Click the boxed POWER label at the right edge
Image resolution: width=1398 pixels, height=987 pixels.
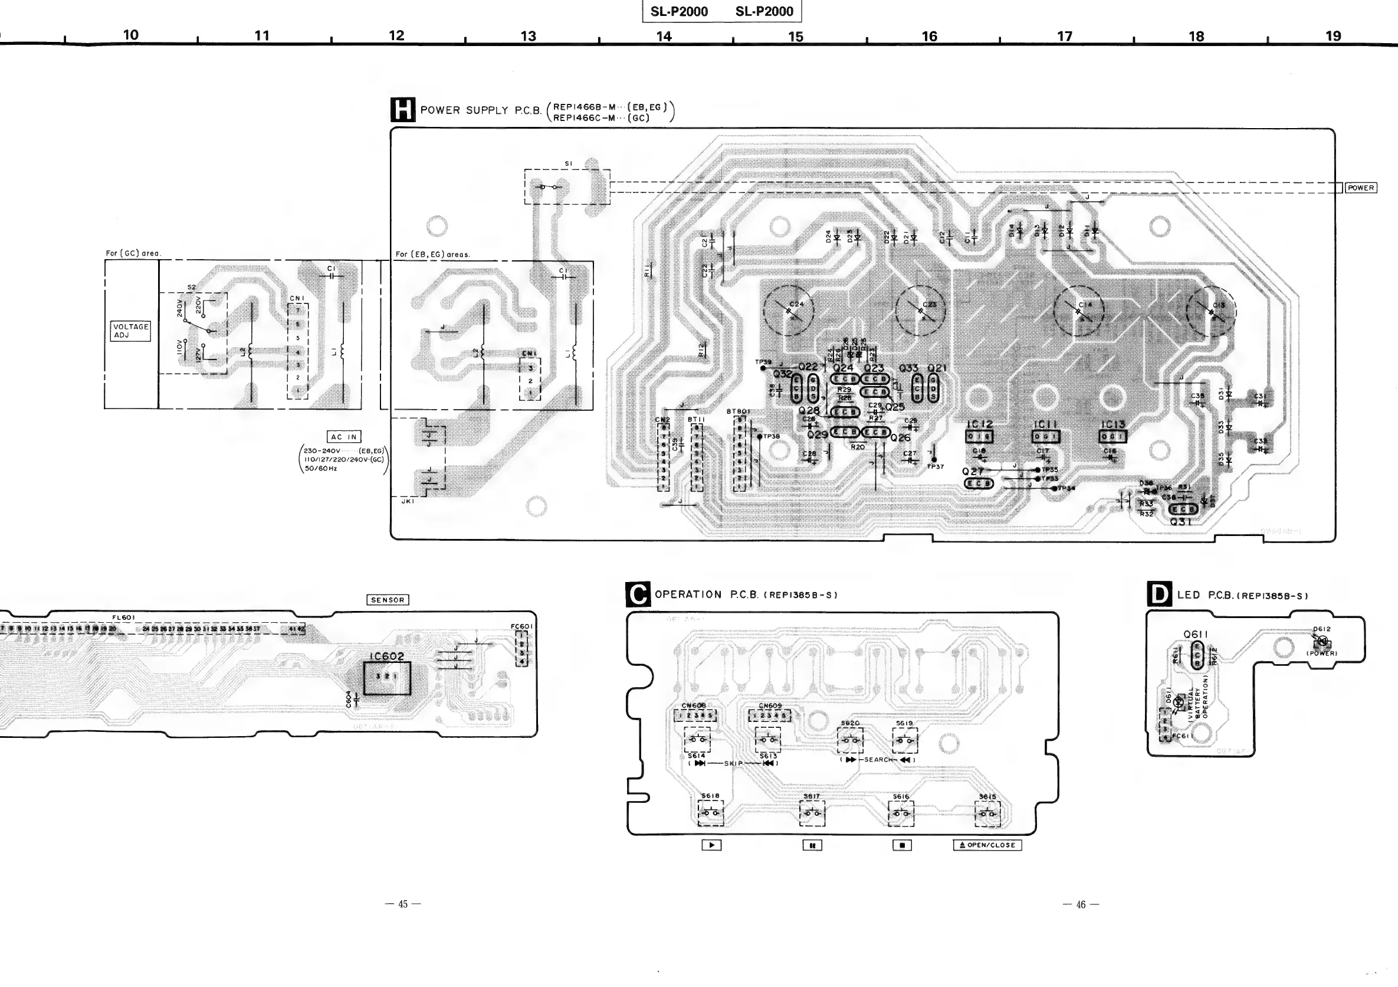[1360, 188]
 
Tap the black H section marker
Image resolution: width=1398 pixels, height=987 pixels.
[402, 110]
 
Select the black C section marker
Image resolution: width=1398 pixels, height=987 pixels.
[638, 594]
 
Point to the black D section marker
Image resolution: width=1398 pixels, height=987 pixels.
[1159, 594]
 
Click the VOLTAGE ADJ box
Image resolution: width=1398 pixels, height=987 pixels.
[130, 331]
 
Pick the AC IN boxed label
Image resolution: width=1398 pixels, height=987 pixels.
[344, 437]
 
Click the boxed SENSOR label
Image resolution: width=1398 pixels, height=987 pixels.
[388, 600]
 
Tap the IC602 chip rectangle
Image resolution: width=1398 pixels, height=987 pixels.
[386, 678]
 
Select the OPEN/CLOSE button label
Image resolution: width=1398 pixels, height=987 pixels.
[987, 845]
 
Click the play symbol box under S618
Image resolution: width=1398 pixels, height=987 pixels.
[711, 845]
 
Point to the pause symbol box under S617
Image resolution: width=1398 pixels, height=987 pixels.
[812, 845]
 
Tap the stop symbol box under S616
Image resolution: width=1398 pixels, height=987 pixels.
[902, 845]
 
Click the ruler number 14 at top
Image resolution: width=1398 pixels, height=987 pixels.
[664, 37]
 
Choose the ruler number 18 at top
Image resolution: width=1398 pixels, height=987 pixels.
[1196, 37]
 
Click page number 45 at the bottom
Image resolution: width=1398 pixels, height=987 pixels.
[403, 904]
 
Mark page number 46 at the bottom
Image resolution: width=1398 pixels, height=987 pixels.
[1081, 905]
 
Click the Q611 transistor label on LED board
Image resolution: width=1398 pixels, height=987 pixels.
[1195, 634]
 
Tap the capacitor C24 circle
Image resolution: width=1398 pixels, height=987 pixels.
[789, 310]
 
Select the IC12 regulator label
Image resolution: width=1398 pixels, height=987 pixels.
[979, 424]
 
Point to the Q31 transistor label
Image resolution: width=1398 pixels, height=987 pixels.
[1180, 522]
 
